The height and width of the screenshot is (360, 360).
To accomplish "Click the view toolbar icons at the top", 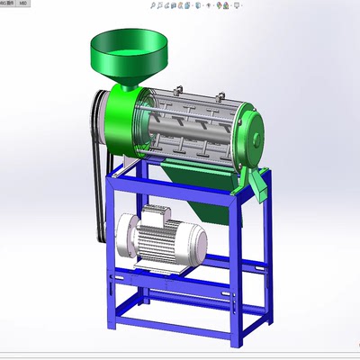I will pos(193,5).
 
